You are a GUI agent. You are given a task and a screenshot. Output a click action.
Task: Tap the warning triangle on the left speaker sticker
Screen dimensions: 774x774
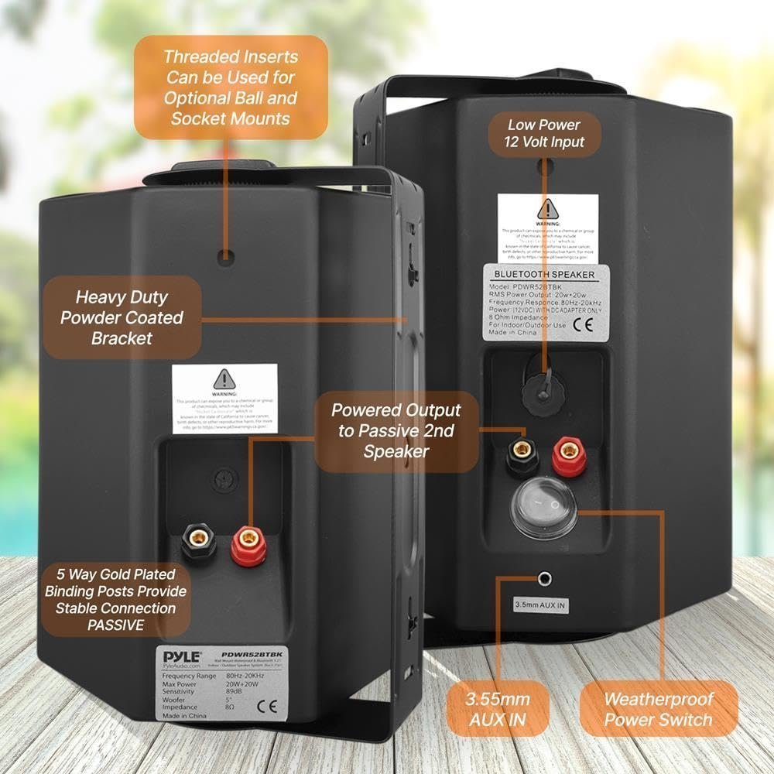coord(224,378)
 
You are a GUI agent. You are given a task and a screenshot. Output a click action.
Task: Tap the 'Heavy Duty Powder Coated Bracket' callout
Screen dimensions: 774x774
coord(122,317)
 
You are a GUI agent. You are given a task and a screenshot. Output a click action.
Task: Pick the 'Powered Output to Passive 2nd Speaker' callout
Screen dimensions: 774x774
coord(395,430)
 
